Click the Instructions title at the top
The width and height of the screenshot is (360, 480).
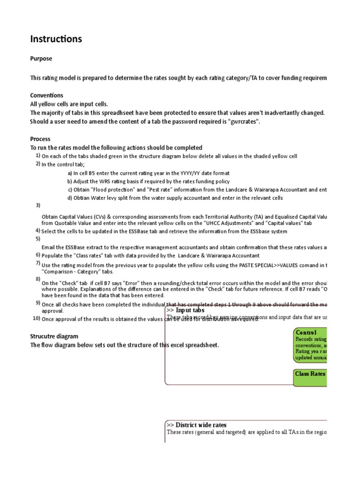[x=56, y=39]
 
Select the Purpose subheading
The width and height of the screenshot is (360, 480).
[x=41, y=59]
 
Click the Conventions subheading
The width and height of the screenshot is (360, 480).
[x=47, y=95]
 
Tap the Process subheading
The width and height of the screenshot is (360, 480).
[x=40, y=139]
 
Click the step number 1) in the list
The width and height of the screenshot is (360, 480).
[x=37, y=155]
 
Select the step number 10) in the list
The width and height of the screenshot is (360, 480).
[x=36, y=318]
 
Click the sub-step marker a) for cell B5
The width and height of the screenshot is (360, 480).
[x=70, y=173]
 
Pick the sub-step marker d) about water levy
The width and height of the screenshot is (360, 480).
[x=70, y=198]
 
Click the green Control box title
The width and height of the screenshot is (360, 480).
[x=306, y=332]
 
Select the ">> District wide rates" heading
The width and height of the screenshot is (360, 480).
[x=196, y=425]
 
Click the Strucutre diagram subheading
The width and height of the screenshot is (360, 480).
[x=54, y=336]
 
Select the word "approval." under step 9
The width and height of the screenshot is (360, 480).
[x=53, y=310]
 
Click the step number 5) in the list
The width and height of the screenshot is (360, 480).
[x=37, y=238]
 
